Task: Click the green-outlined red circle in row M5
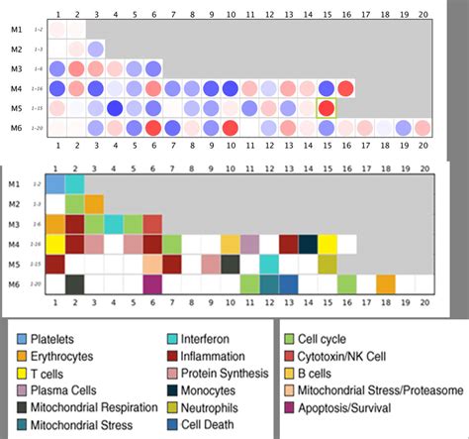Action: pos(326,107)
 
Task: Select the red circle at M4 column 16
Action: pos(345,88)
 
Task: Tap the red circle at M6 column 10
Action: pos(230,127)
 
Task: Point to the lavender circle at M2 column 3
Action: pos(95,50)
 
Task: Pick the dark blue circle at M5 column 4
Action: pos(115,107)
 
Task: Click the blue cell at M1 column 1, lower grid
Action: pos(55,184)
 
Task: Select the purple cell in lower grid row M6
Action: pos(152,283)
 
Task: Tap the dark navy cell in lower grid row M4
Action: pos(308,244)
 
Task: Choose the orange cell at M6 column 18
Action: pos(386,283)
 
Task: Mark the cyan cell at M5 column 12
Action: pos(269,264)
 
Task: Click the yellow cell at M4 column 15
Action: pos(328,244)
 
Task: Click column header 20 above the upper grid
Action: pos(422,15)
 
